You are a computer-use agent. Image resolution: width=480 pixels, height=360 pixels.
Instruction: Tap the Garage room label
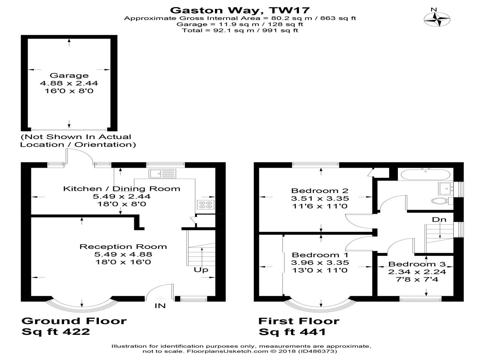coord(69,75)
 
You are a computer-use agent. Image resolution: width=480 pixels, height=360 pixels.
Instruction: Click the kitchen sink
coord(162,174)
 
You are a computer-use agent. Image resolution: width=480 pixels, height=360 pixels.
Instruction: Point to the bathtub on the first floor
coord(426,175)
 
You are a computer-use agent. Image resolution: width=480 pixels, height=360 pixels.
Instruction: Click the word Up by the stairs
coord(201,270)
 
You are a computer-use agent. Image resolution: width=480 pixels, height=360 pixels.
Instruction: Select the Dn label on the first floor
coord(439,219)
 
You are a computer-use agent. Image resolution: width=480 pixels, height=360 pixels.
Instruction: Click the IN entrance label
coord(160,306)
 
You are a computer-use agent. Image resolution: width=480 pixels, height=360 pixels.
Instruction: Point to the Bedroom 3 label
coord(417,264)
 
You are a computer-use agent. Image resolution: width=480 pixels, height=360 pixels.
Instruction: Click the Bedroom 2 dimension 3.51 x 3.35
coord(320,198)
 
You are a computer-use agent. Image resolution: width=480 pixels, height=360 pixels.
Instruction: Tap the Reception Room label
coord(123,246)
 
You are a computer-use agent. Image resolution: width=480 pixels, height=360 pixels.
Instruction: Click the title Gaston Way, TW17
coord(240,10)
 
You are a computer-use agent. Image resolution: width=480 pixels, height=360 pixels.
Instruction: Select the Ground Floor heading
coord(74,321)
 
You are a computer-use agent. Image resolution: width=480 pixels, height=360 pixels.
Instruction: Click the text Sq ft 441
coord(292,332)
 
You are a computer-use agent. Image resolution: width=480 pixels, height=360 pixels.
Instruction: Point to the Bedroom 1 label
coord(320,255)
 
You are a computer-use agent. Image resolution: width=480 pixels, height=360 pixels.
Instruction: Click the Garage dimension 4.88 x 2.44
coord(69,83)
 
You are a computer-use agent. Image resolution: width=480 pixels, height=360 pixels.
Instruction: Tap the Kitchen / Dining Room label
coord(122,189)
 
